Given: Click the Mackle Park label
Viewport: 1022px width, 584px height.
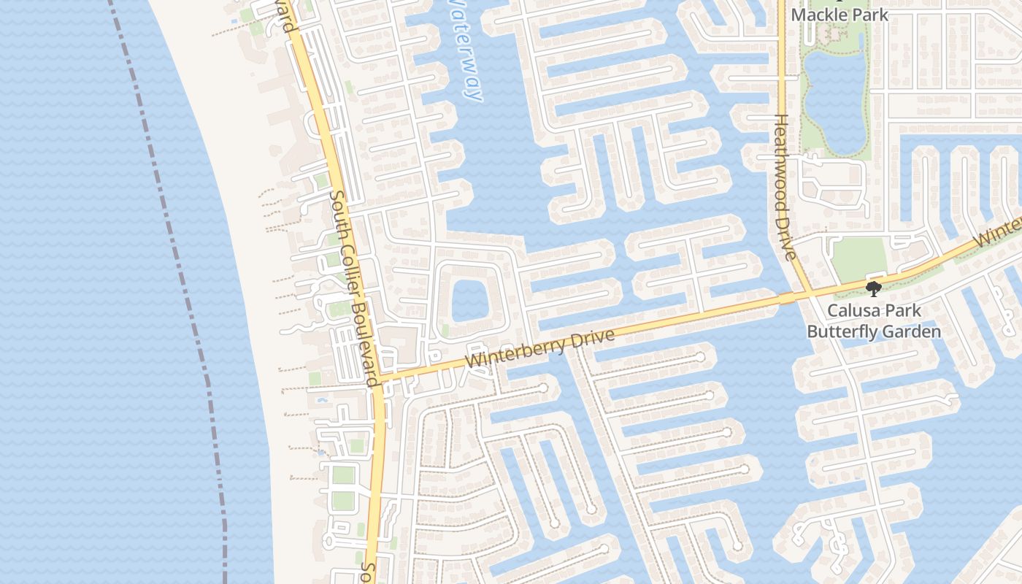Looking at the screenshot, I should click(x=839, y=14).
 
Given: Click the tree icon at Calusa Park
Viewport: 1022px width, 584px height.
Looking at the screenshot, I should click(x=873, y=288).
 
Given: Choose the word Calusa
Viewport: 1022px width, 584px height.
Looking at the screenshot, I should click(x=851, y=311).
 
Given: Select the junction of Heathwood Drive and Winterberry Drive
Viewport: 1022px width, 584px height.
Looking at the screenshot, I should click(x=811, y=294).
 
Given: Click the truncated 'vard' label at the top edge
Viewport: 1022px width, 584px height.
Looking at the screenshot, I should click(x=288, y=18).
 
